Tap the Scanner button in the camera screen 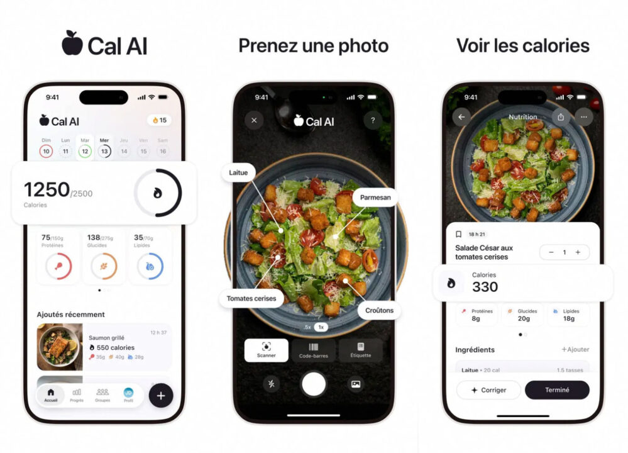(x=266, y=350)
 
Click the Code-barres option (x=313, y=350)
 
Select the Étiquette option (x=360, y=350)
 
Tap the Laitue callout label (x=238, y=172)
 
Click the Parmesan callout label (x=375, y=198)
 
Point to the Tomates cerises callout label (x=251, y=298)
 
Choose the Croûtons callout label (x=380, y=310)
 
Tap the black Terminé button (x=557, y=390)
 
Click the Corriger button (x=488, y=390)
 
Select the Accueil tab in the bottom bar (x=51, y=395)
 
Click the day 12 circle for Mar (x=85, y=151)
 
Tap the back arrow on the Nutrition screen (x=461, y=117)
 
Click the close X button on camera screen (x=254, y=120)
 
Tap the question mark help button (x=373, y=120)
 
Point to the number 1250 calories (x=47, y=189)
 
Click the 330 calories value (x=485, y=287)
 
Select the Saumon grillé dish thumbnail (x=60, y=347)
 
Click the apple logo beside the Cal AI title (x=72, y=43)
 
